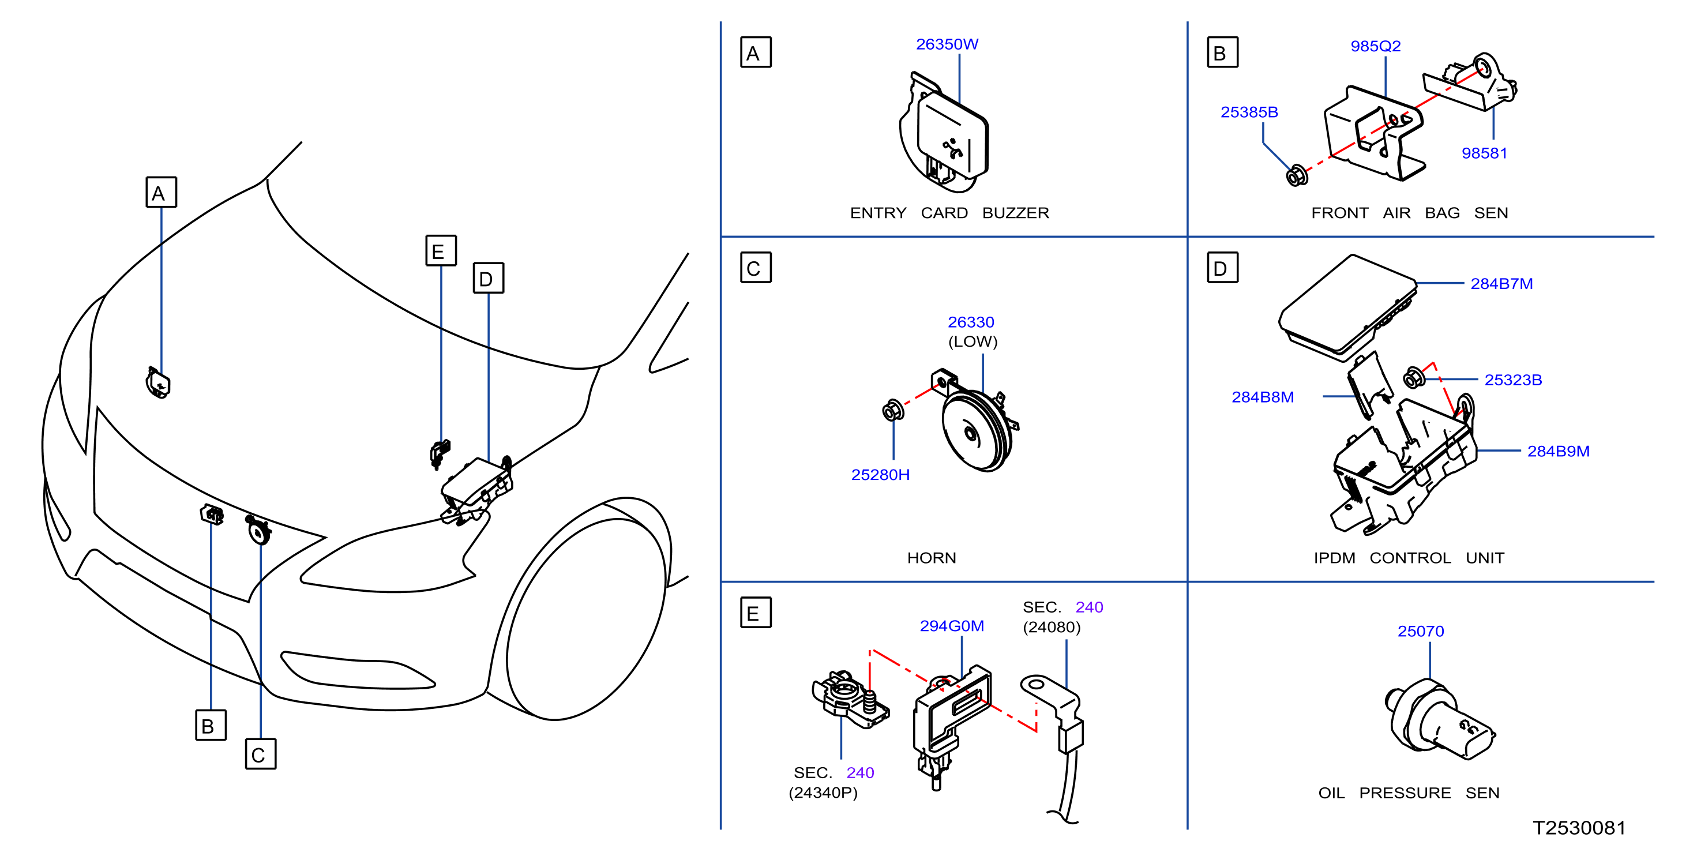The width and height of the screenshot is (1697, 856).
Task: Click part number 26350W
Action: tap(947, 44)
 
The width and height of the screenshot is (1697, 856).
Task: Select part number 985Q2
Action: tap(1376, 46)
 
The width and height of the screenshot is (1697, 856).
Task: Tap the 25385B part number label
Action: tap(1249, 112)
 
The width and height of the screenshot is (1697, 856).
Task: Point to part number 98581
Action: tap(1484, 153)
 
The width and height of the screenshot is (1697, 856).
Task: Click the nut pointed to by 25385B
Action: tap(1297, 175)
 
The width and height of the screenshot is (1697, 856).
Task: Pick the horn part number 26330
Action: tap(971, 322)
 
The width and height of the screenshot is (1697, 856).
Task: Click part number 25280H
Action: tap(880, 475)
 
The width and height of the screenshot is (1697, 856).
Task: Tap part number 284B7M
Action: tap(1501, 283)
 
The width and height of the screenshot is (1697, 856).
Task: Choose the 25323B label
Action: tap(1513, 380)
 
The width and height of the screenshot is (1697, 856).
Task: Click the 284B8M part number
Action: tap(1263, 397)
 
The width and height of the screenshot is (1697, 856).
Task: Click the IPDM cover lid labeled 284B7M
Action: tap(1347, 307)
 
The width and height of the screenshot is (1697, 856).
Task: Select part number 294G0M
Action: tap(952, 625)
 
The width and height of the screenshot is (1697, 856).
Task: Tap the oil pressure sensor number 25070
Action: tap(1421, 630)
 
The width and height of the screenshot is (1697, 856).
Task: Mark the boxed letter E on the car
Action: tap(441, 250)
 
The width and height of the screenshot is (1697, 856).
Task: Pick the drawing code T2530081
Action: tap(1579, 828)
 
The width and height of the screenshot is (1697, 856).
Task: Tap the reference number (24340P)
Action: tap(823, 792)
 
